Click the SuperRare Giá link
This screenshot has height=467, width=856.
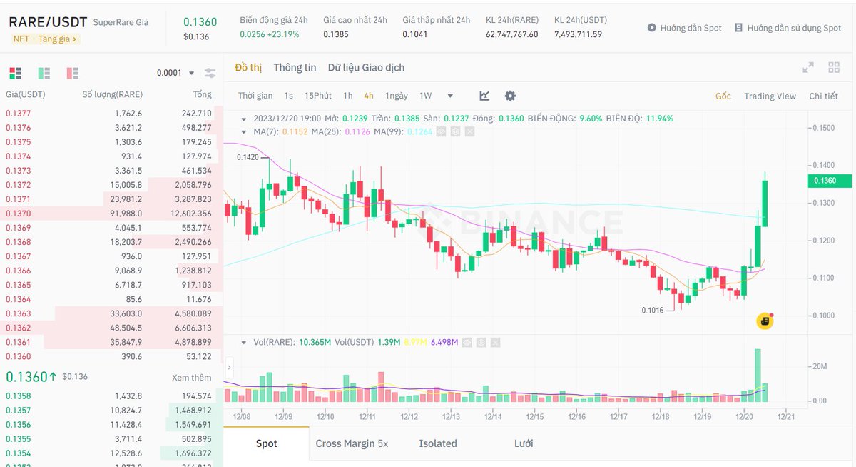121,22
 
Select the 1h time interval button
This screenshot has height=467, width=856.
348,96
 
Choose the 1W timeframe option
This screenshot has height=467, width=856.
426,96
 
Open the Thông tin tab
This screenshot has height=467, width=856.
295,68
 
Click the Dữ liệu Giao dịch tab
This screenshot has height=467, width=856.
366,68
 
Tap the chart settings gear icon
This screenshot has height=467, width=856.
510,96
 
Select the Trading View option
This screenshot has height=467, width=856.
770,96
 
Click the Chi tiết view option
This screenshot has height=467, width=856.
823,96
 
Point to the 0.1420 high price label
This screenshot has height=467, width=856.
248,157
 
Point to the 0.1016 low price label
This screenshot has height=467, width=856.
653,310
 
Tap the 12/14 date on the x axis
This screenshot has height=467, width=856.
493,416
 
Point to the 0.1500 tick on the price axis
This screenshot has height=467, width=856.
823,128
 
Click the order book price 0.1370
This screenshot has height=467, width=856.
19,214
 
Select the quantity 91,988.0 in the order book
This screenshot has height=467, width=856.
126,214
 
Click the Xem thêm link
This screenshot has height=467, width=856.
191,378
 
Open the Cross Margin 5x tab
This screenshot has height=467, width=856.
352,443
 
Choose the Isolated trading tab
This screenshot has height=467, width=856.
438,443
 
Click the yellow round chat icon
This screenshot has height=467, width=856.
765,321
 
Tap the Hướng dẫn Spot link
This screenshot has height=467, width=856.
684,28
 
